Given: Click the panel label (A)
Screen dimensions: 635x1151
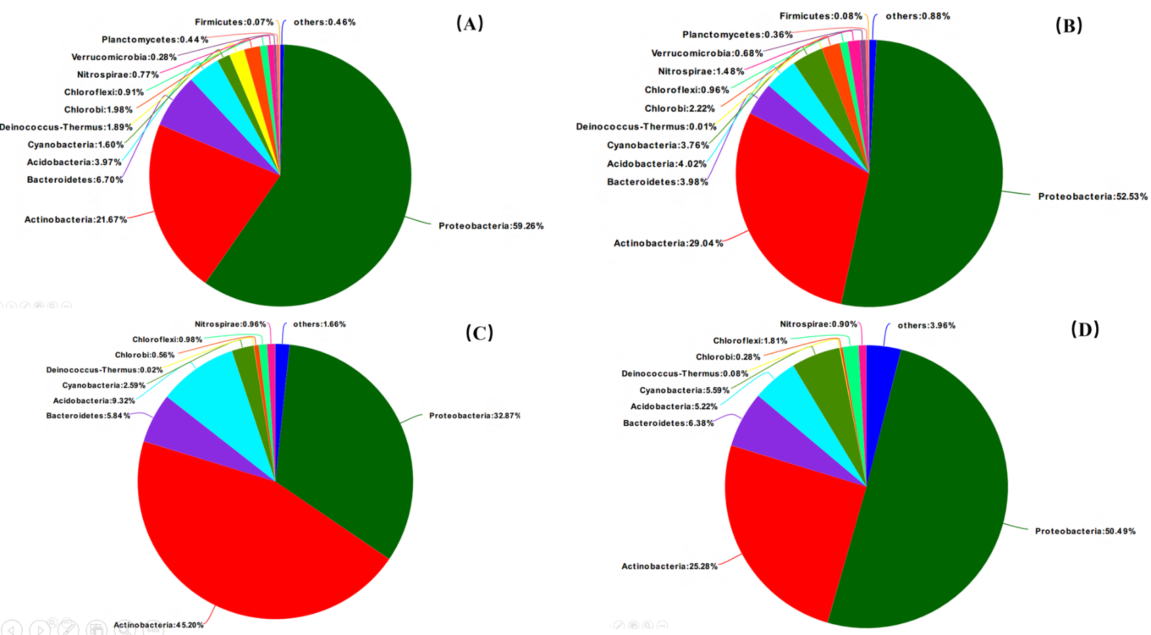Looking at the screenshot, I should (470, 24).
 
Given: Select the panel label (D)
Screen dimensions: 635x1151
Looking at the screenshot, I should (1085, 329).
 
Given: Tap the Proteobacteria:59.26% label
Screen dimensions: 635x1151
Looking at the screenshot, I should (491, 226).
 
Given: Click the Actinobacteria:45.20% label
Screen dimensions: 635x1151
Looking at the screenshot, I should (158, 625).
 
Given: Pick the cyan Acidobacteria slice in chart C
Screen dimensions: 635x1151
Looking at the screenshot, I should (210, 393).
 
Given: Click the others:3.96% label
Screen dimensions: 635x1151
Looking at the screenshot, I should (926, 326).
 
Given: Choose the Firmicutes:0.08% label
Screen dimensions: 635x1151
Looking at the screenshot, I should (820, 16).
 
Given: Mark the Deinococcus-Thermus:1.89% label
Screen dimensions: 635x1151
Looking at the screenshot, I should (66, 127).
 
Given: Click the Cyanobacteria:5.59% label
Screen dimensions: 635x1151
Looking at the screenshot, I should (684, 390).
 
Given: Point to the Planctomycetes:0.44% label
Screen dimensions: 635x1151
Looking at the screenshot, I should (155, 40).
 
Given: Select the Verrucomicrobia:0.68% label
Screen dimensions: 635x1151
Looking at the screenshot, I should (706, 53).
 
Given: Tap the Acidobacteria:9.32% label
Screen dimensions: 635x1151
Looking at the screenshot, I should (94, 401).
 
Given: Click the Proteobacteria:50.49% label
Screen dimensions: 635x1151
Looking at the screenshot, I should (1085, 531).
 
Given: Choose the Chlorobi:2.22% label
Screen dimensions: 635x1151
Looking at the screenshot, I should (679, 108).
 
